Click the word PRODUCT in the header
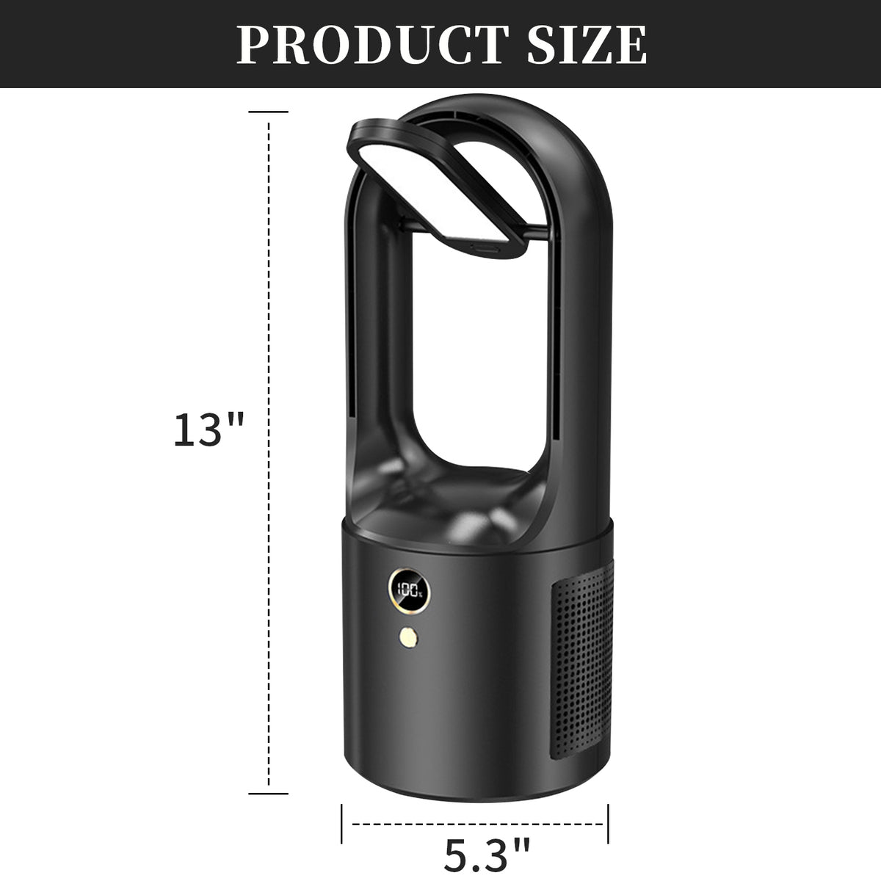click(x=372, y=45)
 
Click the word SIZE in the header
click(x=587, y=45)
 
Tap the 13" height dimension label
click(x=209, y=429)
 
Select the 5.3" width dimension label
click(x=487, y=854)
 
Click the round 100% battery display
click(x=409, y=592)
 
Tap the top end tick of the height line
click(x=269, y=112)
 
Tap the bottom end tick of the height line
click(x=269, y=794)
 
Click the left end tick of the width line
click(x=341, y=824)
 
